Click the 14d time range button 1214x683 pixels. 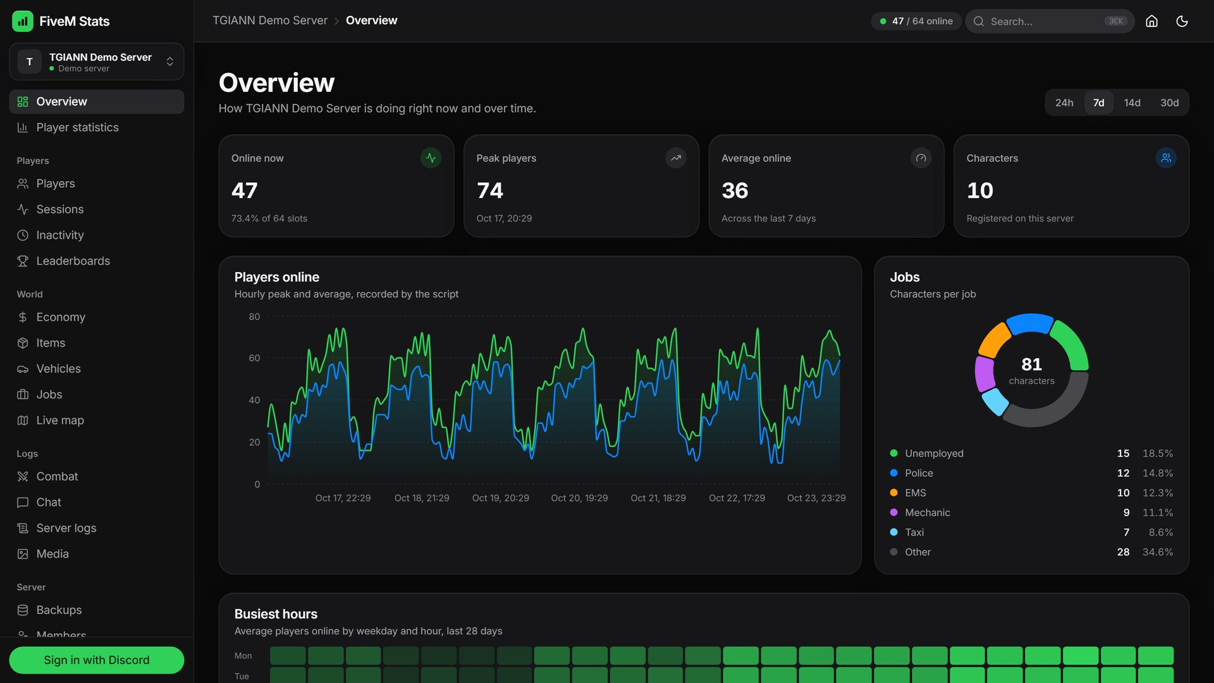click(x=1132, y=102)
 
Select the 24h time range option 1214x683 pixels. click(x=1064, y=102)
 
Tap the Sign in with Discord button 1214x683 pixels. click(x=97, y=660)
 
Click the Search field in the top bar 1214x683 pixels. click(x=1050, y=21)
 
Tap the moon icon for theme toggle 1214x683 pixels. click(x=1182, y=21)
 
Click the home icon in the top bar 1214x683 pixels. click(x=1151, y=21)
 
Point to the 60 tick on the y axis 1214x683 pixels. click(x=254, y=358)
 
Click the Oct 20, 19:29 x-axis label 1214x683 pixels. click(x=579, y=498)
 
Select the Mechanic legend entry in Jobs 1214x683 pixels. click(x=928, y=512)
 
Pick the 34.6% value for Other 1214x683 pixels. click(x=1158, y=551)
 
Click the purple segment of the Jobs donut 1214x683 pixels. click(x=984, y=373)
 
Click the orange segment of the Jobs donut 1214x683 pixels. click(x=993, y=339)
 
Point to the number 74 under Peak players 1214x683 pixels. click(x=490, y=190)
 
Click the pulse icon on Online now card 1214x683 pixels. click(x=431, y=158)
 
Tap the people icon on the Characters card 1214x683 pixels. click(x=1166, y=158)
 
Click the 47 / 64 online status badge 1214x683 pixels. click(x=916, y=21)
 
